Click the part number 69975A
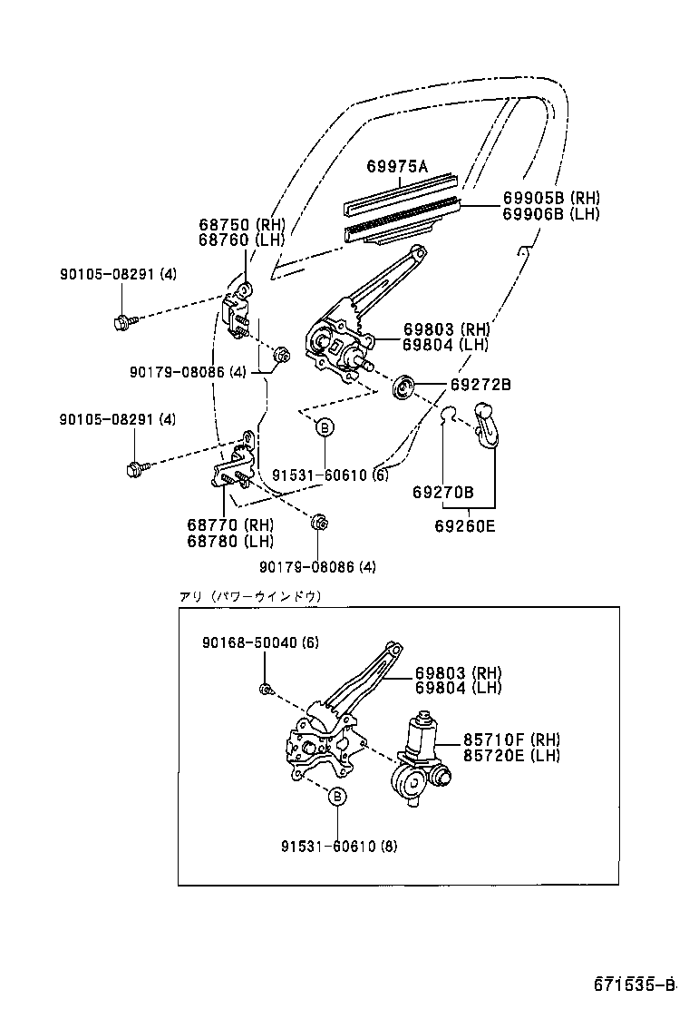pyautogui.click(x=396, y=166)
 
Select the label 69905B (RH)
pyautogui.click(x=551, y=198)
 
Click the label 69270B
pyautogui.click(x=442, y=492)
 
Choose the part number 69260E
pyautogui.click(x=464, y=524)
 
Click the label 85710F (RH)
pyautogui.click(x=511, y=739)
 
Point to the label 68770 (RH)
pyautogui.click(x=230, y=525)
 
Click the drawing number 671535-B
pyautogui.click(x=635, y=985)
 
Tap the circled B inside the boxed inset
pyautogui.click(x=336, y=796)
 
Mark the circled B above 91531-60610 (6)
pyautogui.click(x=325, y=426)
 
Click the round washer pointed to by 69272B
pyautogui.click(x=403, y=388)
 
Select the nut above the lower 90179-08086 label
pyautogui.click(x=318, y=523)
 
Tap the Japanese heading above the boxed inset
pyautogui.click(x=250, y=596)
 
